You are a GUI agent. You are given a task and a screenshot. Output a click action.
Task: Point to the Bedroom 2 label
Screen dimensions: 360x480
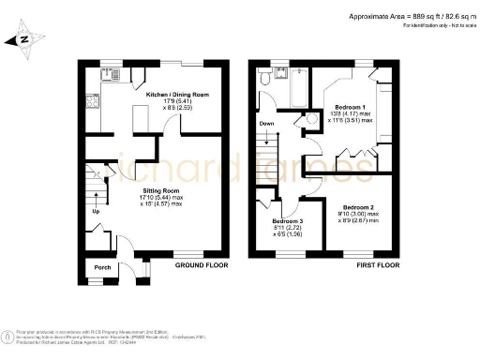[359, 206]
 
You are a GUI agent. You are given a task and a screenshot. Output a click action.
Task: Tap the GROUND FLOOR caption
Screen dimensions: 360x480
[202, 265]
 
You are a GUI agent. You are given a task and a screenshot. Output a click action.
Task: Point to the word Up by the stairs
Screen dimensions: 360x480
[94, 210]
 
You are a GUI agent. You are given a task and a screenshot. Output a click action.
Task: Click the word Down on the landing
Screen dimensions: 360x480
[265, 123]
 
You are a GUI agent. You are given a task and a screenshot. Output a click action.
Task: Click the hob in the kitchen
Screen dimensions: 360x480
[91, 103]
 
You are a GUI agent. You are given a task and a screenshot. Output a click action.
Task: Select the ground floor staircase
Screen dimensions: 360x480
[93, 191]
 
